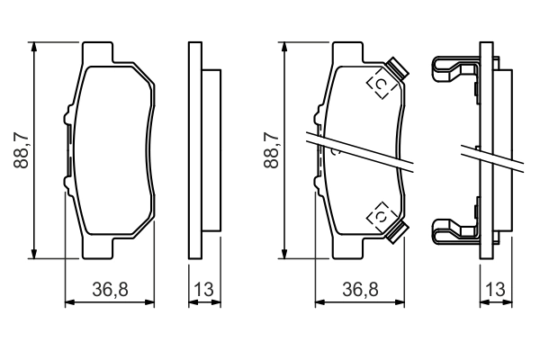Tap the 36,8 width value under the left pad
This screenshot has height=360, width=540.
point(112,289)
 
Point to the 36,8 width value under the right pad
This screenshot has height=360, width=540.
point(359,289)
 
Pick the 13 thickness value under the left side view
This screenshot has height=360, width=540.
point(203,289)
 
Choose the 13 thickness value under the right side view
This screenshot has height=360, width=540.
point(493,289)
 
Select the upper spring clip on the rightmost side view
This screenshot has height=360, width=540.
point(454,69)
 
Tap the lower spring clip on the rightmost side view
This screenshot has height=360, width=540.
point(454,231)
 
